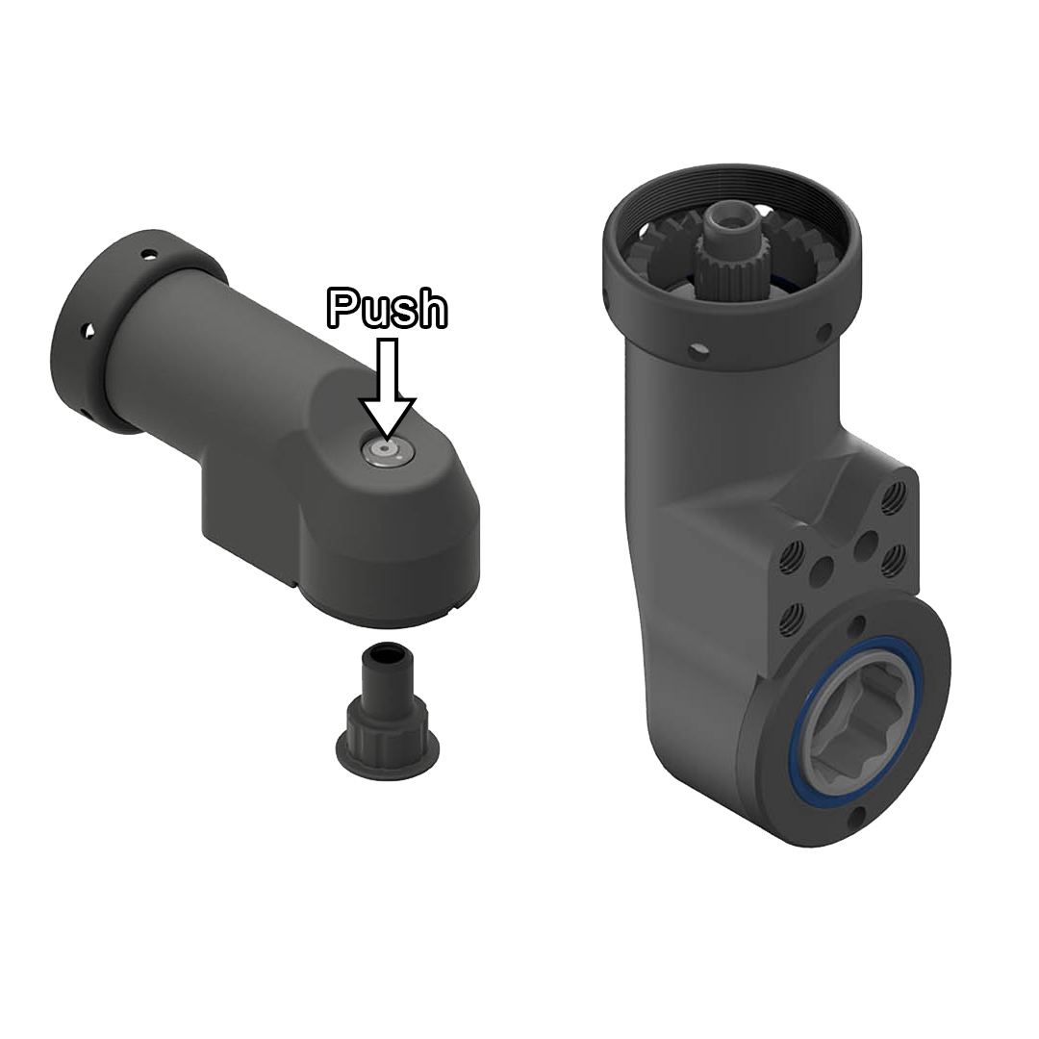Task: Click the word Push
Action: click(x=388, y=308)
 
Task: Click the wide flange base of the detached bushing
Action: click(x=388, y=748)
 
